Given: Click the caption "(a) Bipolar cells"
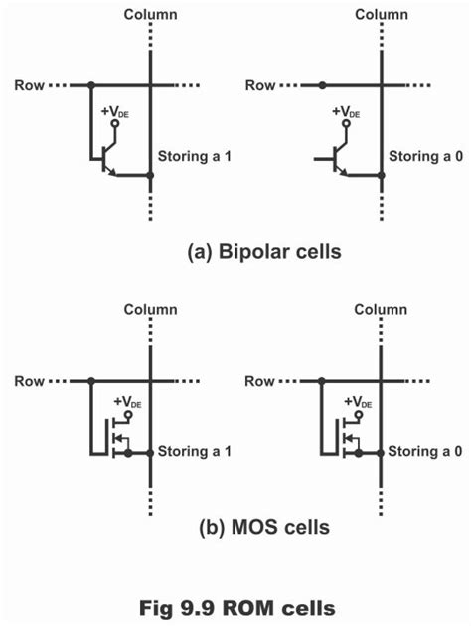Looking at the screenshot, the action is click(x=264, y=252).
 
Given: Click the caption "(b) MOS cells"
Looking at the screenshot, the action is click(x=264, y=527).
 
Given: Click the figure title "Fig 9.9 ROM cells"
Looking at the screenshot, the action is click(x=237, y=608).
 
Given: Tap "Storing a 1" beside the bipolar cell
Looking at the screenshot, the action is click(x=195, y=156).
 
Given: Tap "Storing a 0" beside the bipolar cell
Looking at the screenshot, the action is click(x=426, y=156).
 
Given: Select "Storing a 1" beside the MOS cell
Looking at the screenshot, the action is click(x=195, y=451).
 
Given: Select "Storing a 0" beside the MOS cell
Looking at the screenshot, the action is click(x=425, y=451).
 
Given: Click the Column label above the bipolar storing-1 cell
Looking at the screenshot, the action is click(x=150, y=15).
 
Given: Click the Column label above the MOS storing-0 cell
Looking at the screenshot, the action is click(x=381, y=310).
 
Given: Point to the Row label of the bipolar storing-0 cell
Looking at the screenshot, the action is click(x=260, y=85).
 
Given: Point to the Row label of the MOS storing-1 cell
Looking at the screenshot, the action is click(x=30, y=381).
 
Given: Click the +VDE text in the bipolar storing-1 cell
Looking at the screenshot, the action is click(x=115, y=112).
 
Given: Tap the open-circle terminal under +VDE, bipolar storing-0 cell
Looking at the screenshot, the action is click(x=347, y=123).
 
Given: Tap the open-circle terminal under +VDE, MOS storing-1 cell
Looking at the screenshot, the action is click(x=128, y=415).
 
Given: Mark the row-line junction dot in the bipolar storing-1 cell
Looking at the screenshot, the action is click(x=91, y=85).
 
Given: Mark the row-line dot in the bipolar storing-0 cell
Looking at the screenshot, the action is click(x=322, y=85).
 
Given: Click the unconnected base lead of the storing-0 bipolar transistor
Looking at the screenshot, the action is click(x=324, y=159).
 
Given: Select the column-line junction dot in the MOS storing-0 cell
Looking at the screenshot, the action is click(x=381, y=453).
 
